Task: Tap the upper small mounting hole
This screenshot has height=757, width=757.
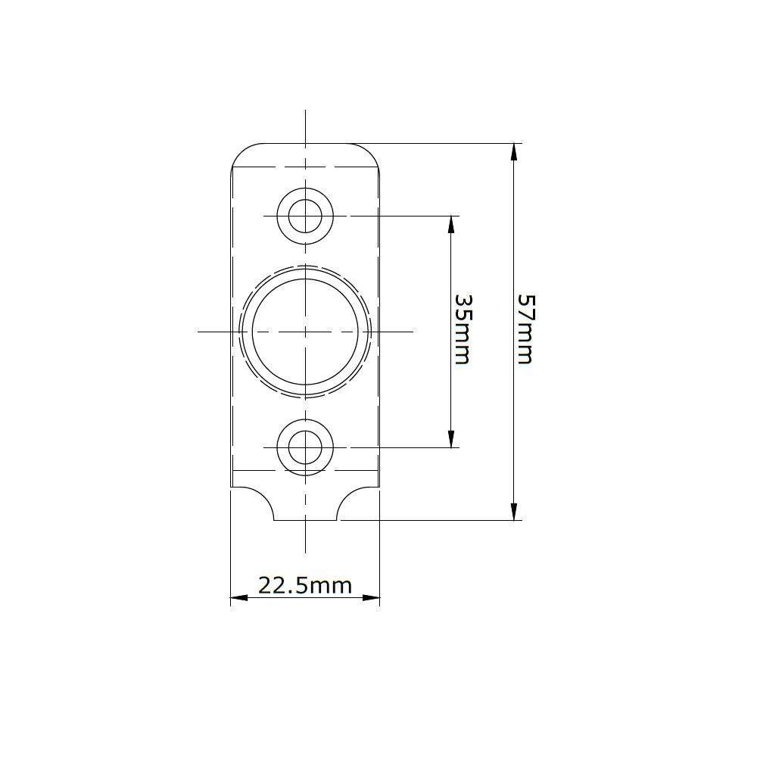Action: pyautogui.click(x=305, y=216)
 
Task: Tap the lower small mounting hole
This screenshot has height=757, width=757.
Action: pyautogui.click(x=305, y=447)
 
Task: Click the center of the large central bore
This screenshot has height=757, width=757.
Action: pyautogui.click(x=305, y=331)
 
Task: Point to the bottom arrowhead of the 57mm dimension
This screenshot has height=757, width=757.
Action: pyautogui.click(x=514, y=512)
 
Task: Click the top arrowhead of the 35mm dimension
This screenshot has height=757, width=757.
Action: pyautogui.click(x=451, y=224)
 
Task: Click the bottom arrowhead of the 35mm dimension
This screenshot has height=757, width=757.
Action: pyautogui.click(x=451, y=439)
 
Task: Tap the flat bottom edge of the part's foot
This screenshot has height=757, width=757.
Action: pyautogui.click(x=305, y=521)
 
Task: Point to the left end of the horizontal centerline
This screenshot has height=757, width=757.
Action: pyautogui.click(x=198, y=331)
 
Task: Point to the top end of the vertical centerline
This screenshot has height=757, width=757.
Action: pyautogui.click(x=305, y=111)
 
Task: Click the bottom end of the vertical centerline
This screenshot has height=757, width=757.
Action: pyautogui.click(x=305, y=551)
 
